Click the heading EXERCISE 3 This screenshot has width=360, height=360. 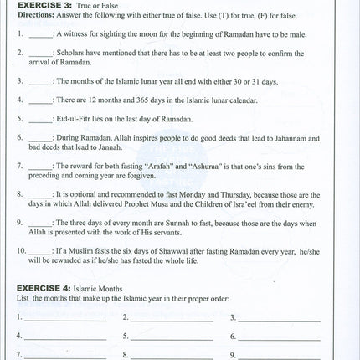[x=44, y=8]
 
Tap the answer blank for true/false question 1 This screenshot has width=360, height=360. [x=40, y=36]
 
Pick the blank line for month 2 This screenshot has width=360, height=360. [x=172, y=319]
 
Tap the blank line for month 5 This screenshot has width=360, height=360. [x=172, y=337]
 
